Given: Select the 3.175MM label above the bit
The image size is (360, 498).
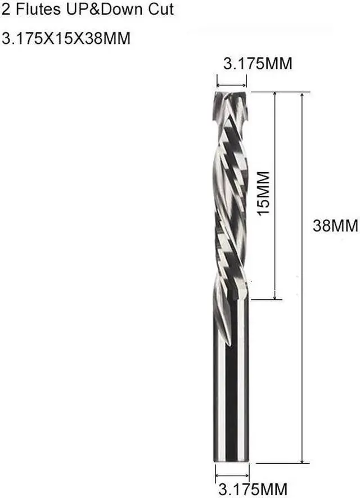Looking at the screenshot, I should pos(258,64).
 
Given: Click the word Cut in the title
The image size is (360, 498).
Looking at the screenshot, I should pos(147,9).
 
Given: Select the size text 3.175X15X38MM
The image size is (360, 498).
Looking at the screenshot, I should pos(66,39).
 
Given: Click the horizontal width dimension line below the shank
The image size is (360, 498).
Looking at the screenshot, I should pos(232,475).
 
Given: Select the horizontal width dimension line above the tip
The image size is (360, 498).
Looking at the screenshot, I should pos(231,80).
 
